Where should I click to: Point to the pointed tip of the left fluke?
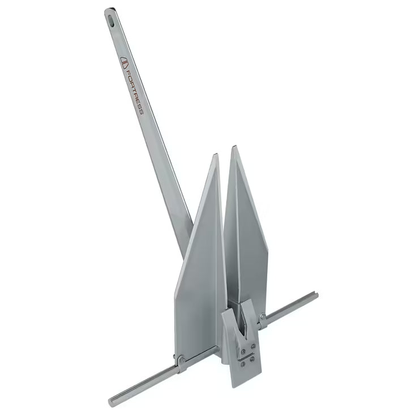tap(216, 156)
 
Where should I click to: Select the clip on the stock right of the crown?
tap(263, 320)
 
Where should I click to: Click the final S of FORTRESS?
tap(141, 110)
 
